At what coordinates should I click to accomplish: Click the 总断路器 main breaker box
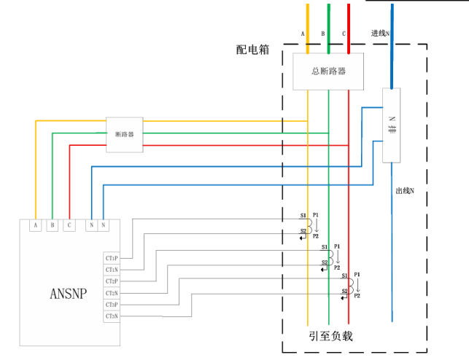coord(328,71)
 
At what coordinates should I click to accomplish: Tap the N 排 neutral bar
coord(392,125)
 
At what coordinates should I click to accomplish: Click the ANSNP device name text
coord(69,294)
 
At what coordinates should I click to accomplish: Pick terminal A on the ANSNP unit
coord(35,225)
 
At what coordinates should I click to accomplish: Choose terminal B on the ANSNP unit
coord(52,225)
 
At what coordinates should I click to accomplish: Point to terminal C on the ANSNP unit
coord(69,225)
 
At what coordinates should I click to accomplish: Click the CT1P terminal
coord(112,258)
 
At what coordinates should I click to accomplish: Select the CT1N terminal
coord(112,270)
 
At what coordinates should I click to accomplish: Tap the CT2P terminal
coord(112,281)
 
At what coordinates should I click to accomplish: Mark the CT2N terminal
coord(112,293)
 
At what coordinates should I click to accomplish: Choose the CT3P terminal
coord(112,305)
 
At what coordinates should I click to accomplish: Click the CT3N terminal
coord(112,316)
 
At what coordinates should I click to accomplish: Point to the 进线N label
coord(381,34)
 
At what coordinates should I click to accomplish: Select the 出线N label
coord(406,191)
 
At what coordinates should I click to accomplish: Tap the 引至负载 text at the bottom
coord(330,336)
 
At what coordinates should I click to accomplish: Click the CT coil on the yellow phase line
coord(308,226)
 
